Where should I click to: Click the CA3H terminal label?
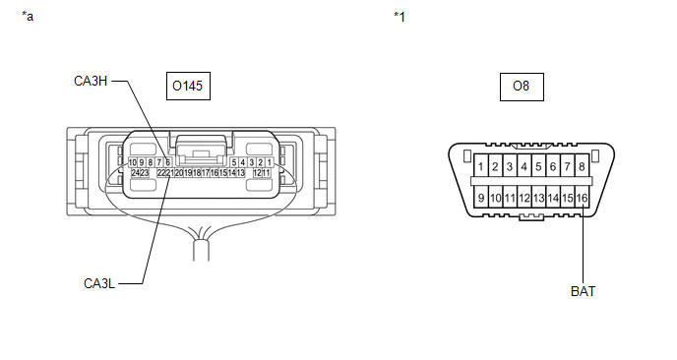click(91, 82)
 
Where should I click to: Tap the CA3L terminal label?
click(99, 283)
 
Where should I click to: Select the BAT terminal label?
click(583, 291)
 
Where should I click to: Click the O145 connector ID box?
click(188, 86)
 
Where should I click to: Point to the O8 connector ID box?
click(522, 87)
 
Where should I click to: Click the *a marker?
click(28, 17)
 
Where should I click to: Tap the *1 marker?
click(400, 17)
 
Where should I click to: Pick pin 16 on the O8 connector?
click(582, 198)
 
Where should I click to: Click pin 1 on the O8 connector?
click(481, 166)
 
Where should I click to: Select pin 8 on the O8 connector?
click(582, 166)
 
